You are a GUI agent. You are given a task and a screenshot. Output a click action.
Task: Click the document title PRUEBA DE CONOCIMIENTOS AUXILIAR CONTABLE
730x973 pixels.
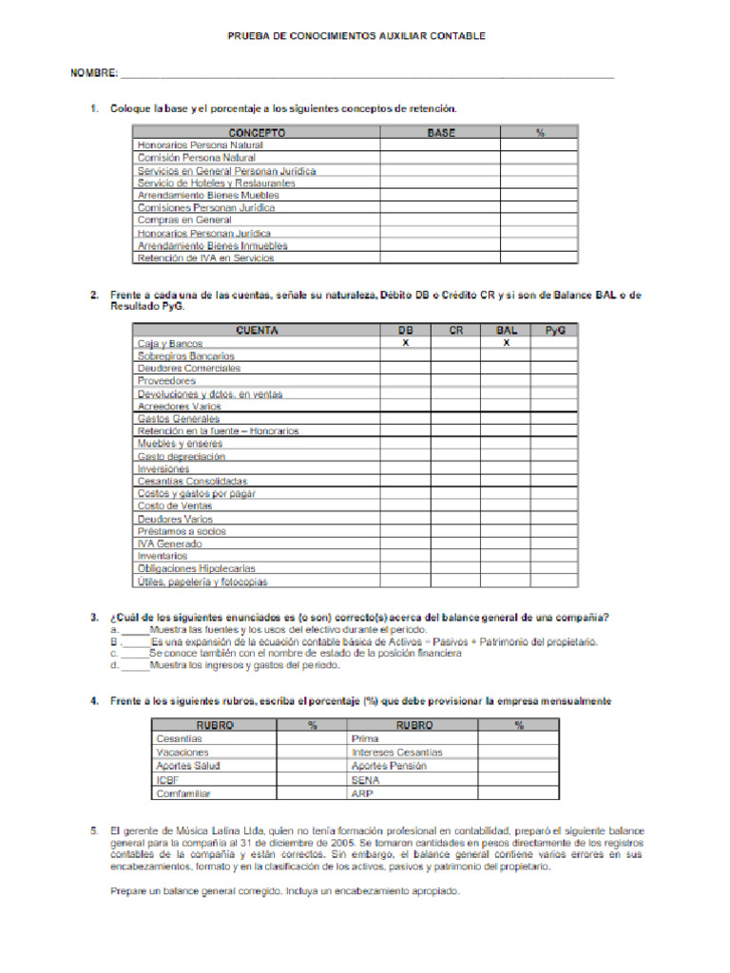coord(356,36)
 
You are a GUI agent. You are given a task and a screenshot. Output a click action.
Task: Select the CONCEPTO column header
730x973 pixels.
coord(256,133)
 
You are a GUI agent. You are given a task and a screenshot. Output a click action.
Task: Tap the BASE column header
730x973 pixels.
coord(440,133)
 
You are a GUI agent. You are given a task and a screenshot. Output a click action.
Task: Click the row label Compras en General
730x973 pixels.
coord(184,220)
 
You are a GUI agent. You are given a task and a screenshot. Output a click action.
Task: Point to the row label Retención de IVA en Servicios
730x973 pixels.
coord(205,258)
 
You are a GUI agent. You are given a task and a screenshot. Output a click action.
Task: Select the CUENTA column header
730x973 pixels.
coord(256,331)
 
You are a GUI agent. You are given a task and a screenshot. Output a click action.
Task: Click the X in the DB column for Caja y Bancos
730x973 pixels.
coord(405,343)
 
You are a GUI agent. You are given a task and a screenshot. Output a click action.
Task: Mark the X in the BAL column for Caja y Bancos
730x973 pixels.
coord(506,343)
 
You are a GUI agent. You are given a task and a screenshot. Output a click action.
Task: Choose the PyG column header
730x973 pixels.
coord(555,331)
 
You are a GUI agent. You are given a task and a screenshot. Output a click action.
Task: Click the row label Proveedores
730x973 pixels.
coord(166,381)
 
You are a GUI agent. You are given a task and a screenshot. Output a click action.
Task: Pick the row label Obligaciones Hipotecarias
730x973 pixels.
coord(196,568)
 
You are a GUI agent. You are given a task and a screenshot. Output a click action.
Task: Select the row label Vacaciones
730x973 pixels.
coord(182,752)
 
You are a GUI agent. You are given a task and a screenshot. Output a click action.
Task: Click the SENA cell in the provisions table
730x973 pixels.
coord(365,779)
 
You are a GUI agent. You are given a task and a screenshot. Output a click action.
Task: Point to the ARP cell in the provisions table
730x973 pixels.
coord(361,792)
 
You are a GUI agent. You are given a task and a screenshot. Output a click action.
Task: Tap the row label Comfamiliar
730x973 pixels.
coord(183,792)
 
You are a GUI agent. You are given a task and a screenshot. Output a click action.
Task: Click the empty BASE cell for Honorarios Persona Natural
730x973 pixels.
coord(440,145)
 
